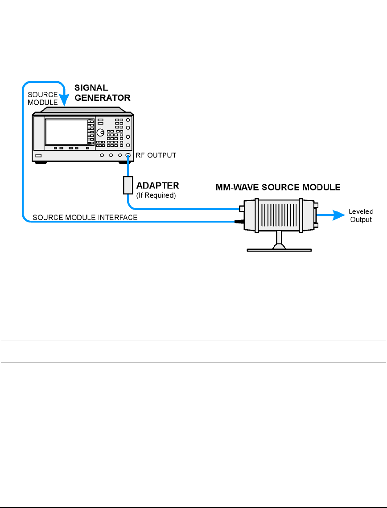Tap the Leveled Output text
pos(360,216)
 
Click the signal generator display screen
pos(66,131)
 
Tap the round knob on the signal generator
pos(101,133)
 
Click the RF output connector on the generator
pos(128,156)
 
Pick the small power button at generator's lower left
pos(39,156)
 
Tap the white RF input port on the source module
pos(241,208)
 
